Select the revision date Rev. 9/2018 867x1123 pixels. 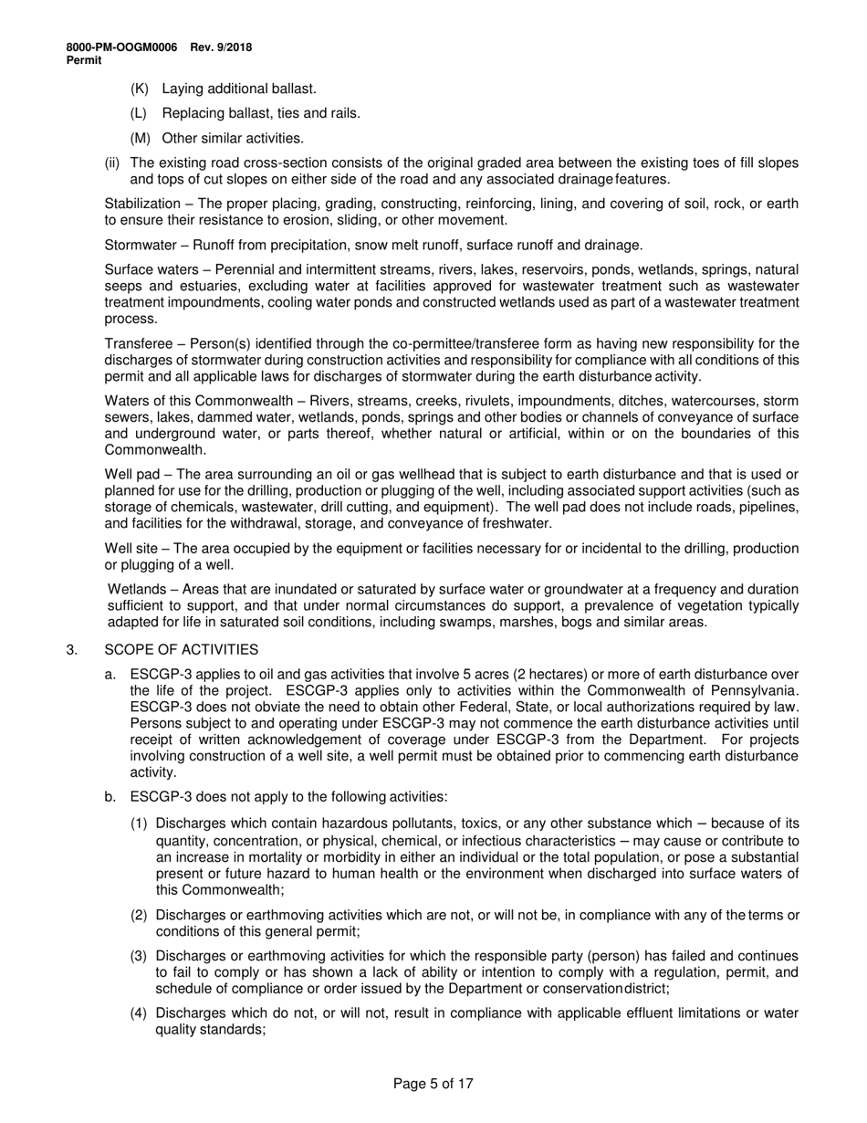point(222,47)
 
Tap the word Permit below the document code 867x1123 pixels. point(84,59)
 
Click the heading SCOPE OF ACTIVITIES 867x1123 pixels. point(182,650)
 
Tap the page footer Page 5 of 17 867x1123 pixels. point(433,1085)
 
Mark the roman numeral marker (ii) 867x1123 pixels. point(112,163)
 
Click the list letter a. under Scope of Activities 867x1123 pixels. point(110,675)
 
